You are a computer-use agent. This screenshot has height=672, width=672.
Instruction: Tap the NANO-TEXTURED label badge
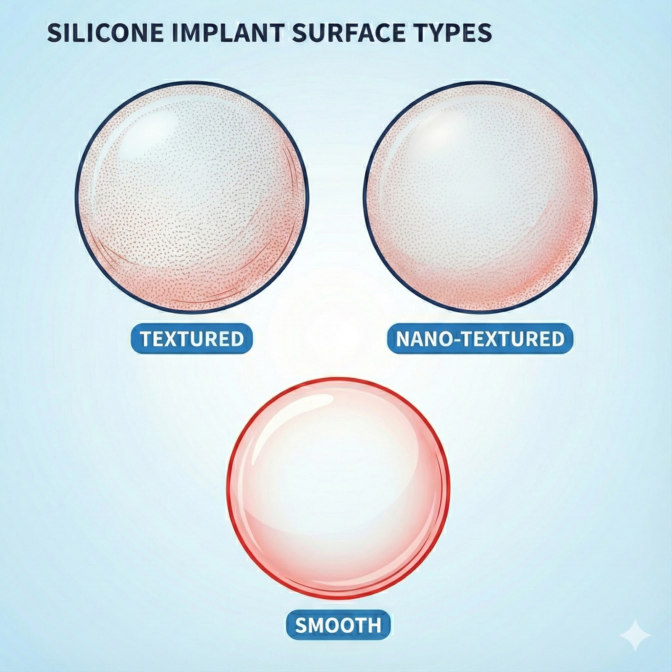tap(480, 338)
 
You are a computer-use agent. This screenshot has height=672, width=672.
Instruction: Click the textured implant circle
tap(192, 198)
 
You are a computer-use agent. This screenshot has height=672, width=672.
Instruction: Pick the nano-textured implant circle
tap(480, 198)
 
